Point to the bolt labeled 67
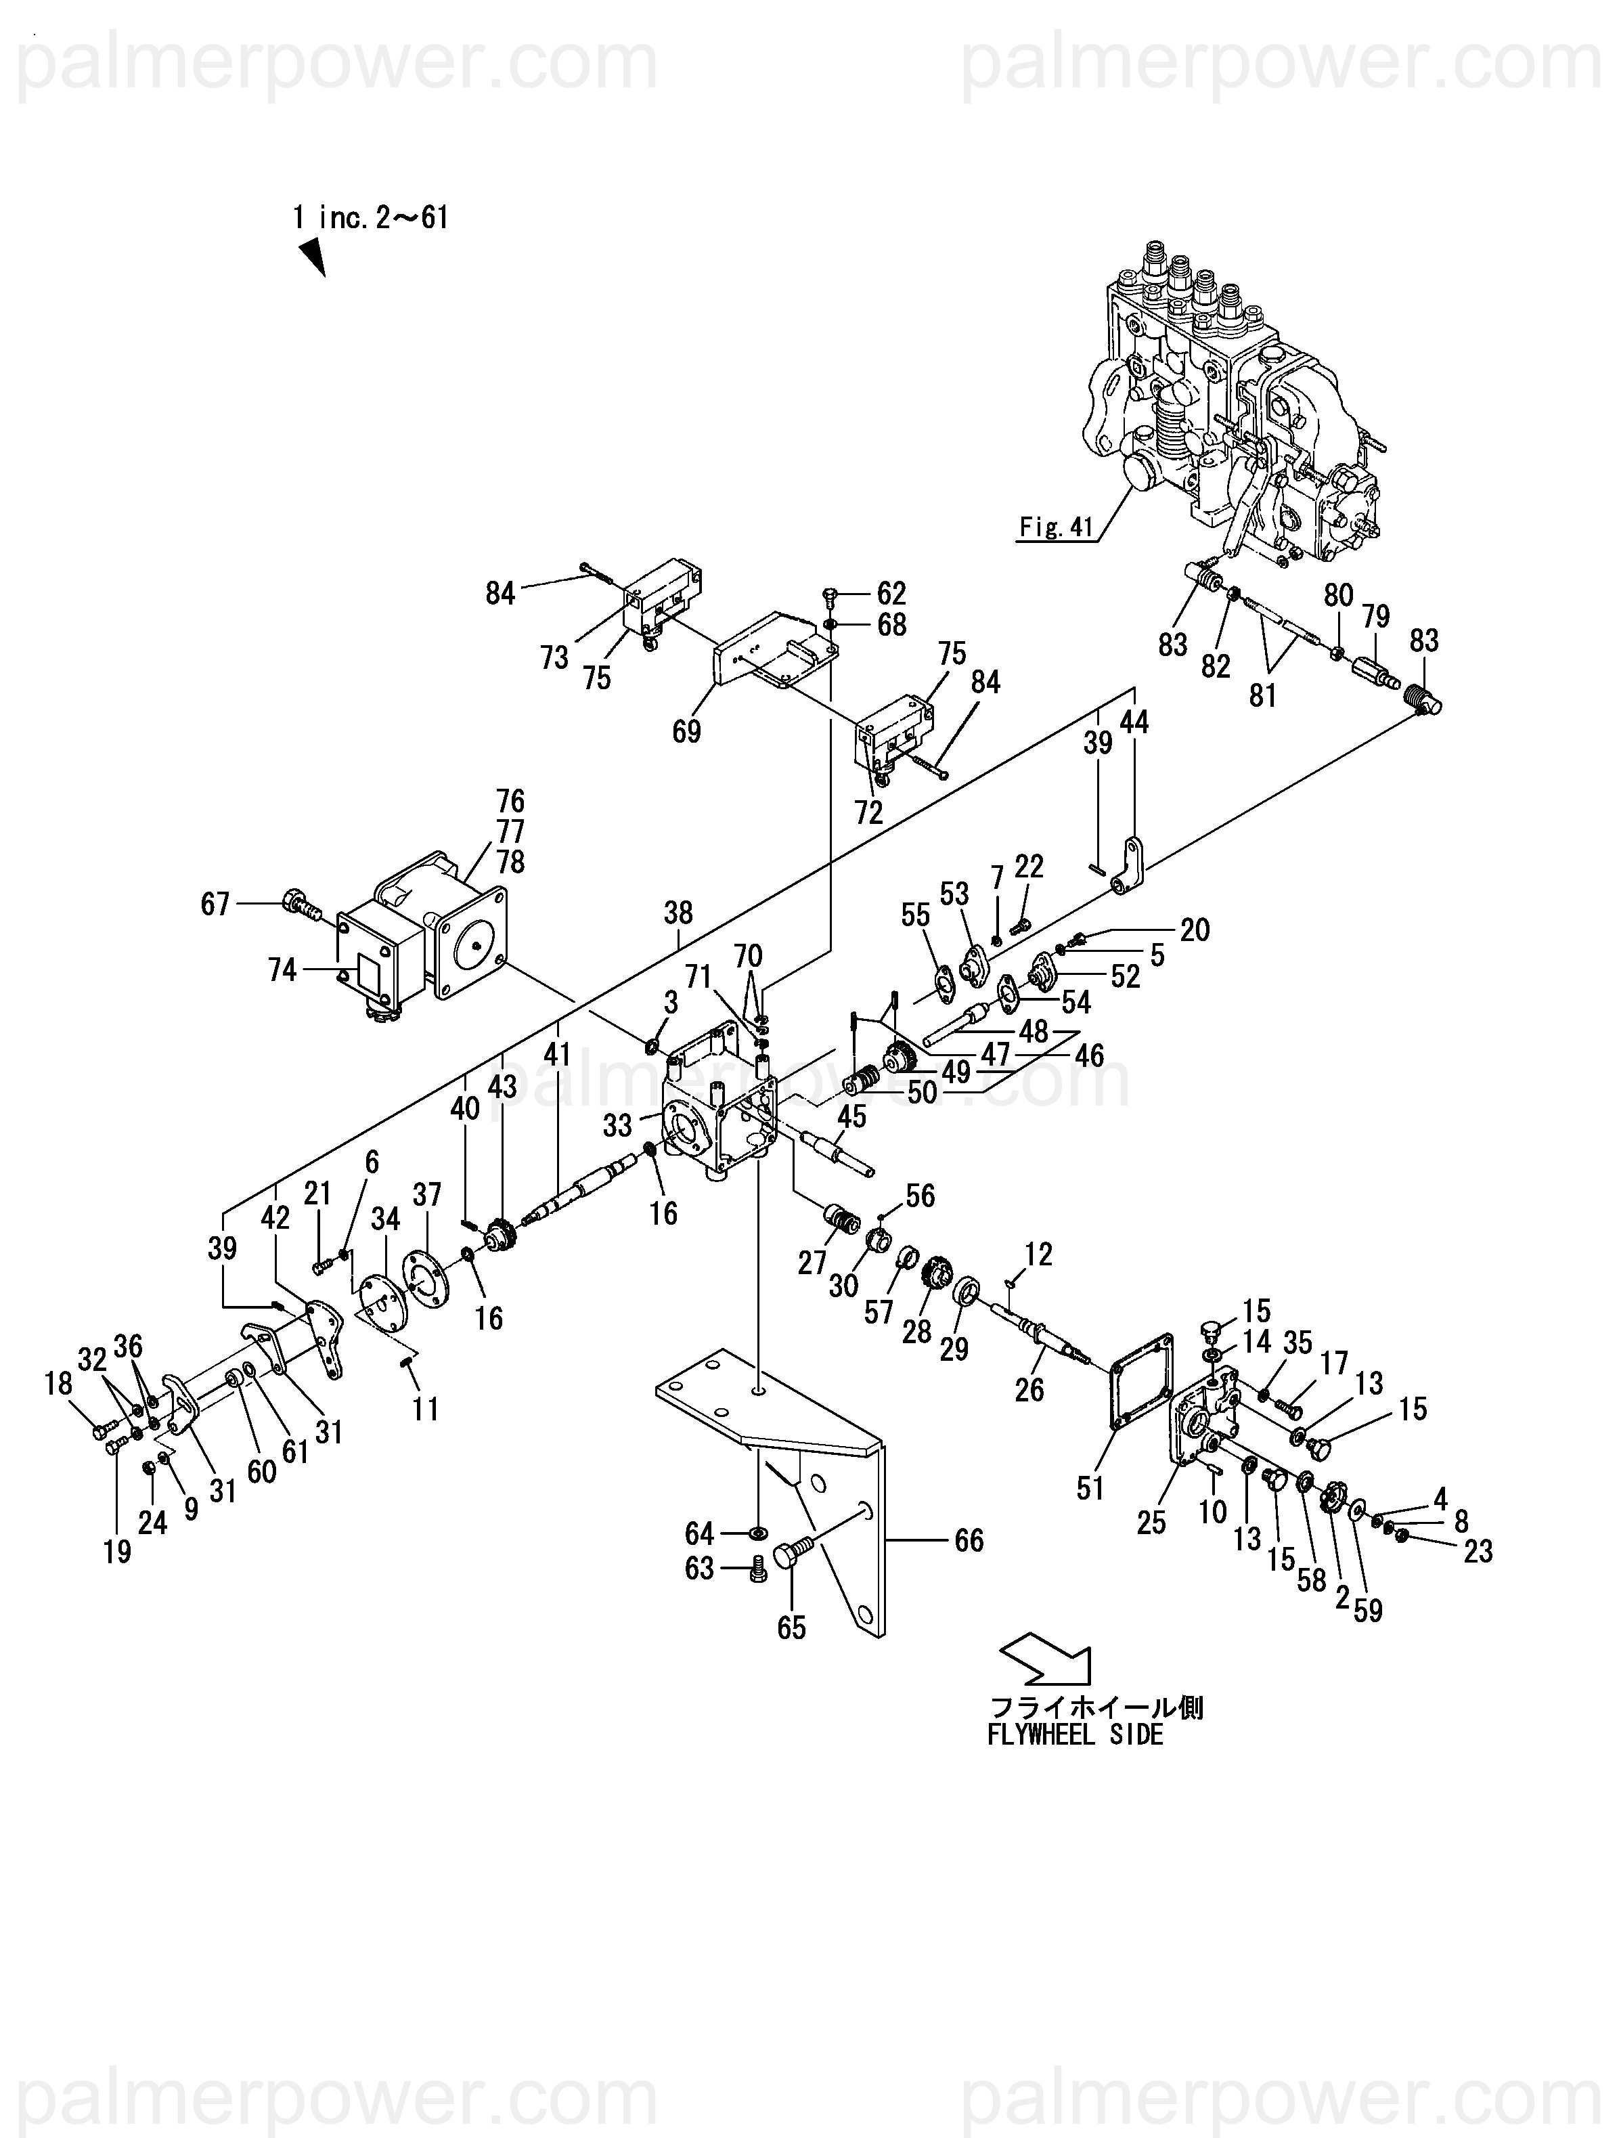[x=303, y=906]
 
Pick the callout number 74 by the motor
[x=282, y=969]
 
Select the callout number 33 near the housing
[x=618, y=1125]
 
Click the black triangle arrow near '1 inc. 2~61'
[x=311, y=258]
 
